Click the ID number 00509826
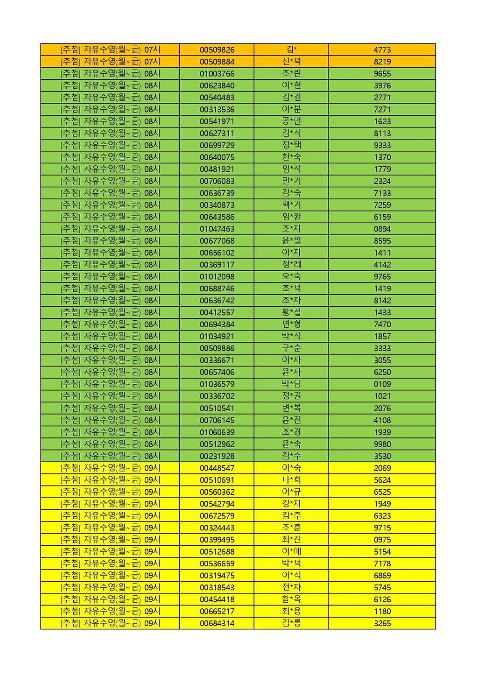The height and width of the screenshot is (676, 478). point(217,50)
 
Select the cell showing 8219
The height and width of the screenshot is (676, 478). point(382,62)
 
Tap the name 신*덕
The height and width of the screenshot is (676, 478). point(291,62)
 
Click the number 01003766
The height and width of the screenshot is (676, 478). point(217,74)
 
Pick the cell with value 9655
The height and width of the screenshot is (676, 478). point(382,74)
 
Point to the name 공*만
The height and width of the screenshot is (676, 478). point(291,121)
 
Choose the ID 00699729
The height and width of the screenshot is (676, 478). point(217,145)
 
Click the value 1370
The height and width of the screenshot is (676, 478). point(382,157)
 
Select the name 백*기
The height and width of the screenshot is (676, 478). point(291,205)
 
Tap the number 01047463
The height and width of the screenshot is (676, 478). point(217,229)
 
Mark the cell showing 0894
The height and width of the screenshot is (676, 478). point(382,229)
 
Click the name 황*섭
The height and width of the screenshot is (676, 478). point(291,312)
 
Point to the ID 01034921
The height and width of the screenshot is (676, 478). point(217,336)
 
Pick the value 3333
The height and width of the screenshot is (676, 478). point(382,348)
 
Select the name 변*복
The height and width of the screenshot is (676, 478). point(291,408)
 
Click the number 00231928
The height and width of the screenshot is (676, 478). point(217,456)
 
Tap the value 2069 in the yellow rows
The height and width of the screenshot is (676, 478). point(382,468)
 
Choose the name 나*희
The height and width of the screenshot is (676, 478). point(291,480)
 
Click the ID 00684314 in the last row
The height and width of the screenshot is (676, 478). point(217,623)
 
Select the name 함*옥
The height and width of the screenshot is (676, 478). point(291,599)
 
